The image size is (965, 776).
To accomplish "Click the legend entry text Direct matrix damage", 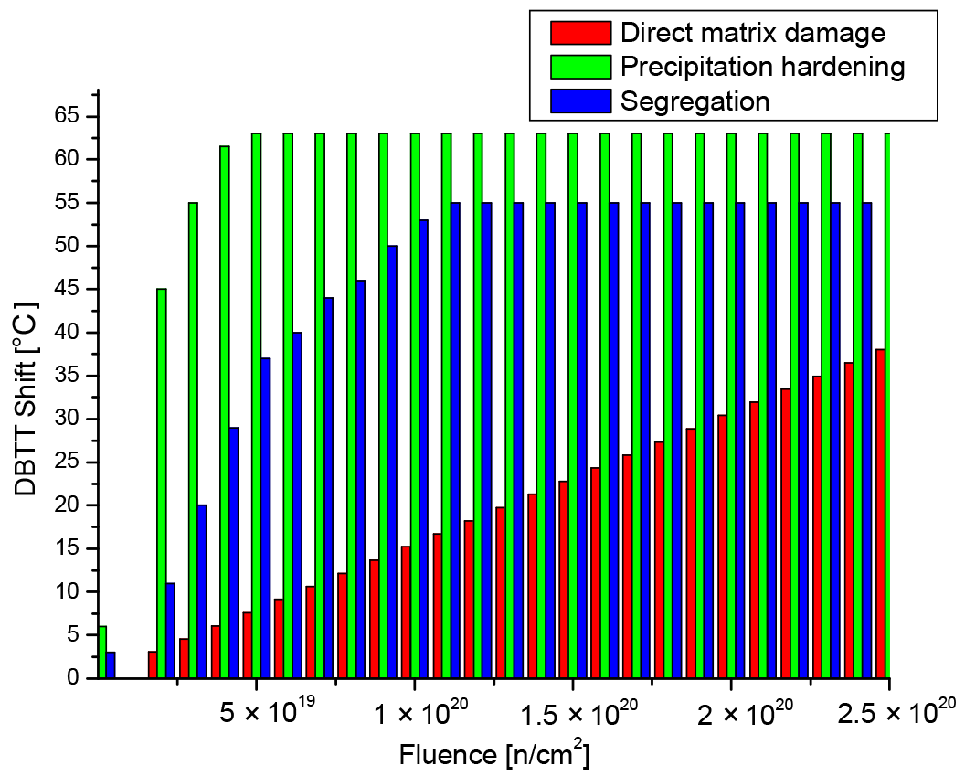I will tap(752, 34).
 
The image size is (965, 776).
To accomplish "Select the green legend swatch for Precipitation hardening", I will tap(579, 67).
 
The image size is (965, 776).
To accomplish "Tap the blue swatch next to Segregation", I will tap(579, 101).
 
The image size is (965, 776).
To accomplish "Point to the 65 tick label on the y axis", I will tap(67, 116).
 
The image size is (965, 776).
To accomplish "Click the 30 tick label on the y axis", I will tap(67, 419).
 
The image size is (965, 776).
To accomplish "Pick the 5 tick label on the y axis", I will tap(72, 635).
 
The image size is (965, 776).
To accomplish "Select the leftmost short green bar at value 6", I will tap(101, 652).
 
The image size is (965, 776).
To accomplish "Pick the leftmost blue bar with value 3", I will tap(111, 664).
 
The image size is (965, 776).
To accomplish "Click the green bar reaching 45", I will tap(162, 484).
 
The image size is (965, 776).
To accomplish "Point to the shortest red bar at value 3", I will tap(153, 664).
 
